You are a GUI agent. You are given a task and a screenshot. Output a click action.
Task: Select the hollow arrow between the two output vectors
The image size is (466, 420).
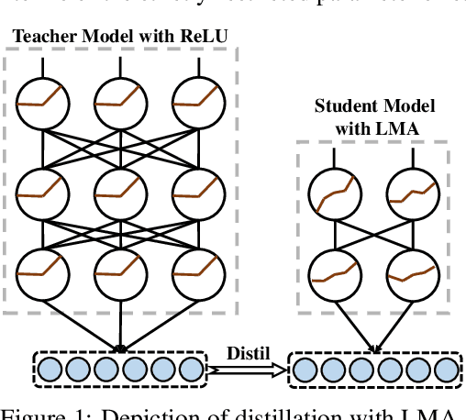click(246, 370)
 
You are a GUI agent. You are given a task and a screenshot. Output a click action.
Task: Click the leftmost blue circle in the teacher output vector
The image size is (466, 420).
click(50, 370)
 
